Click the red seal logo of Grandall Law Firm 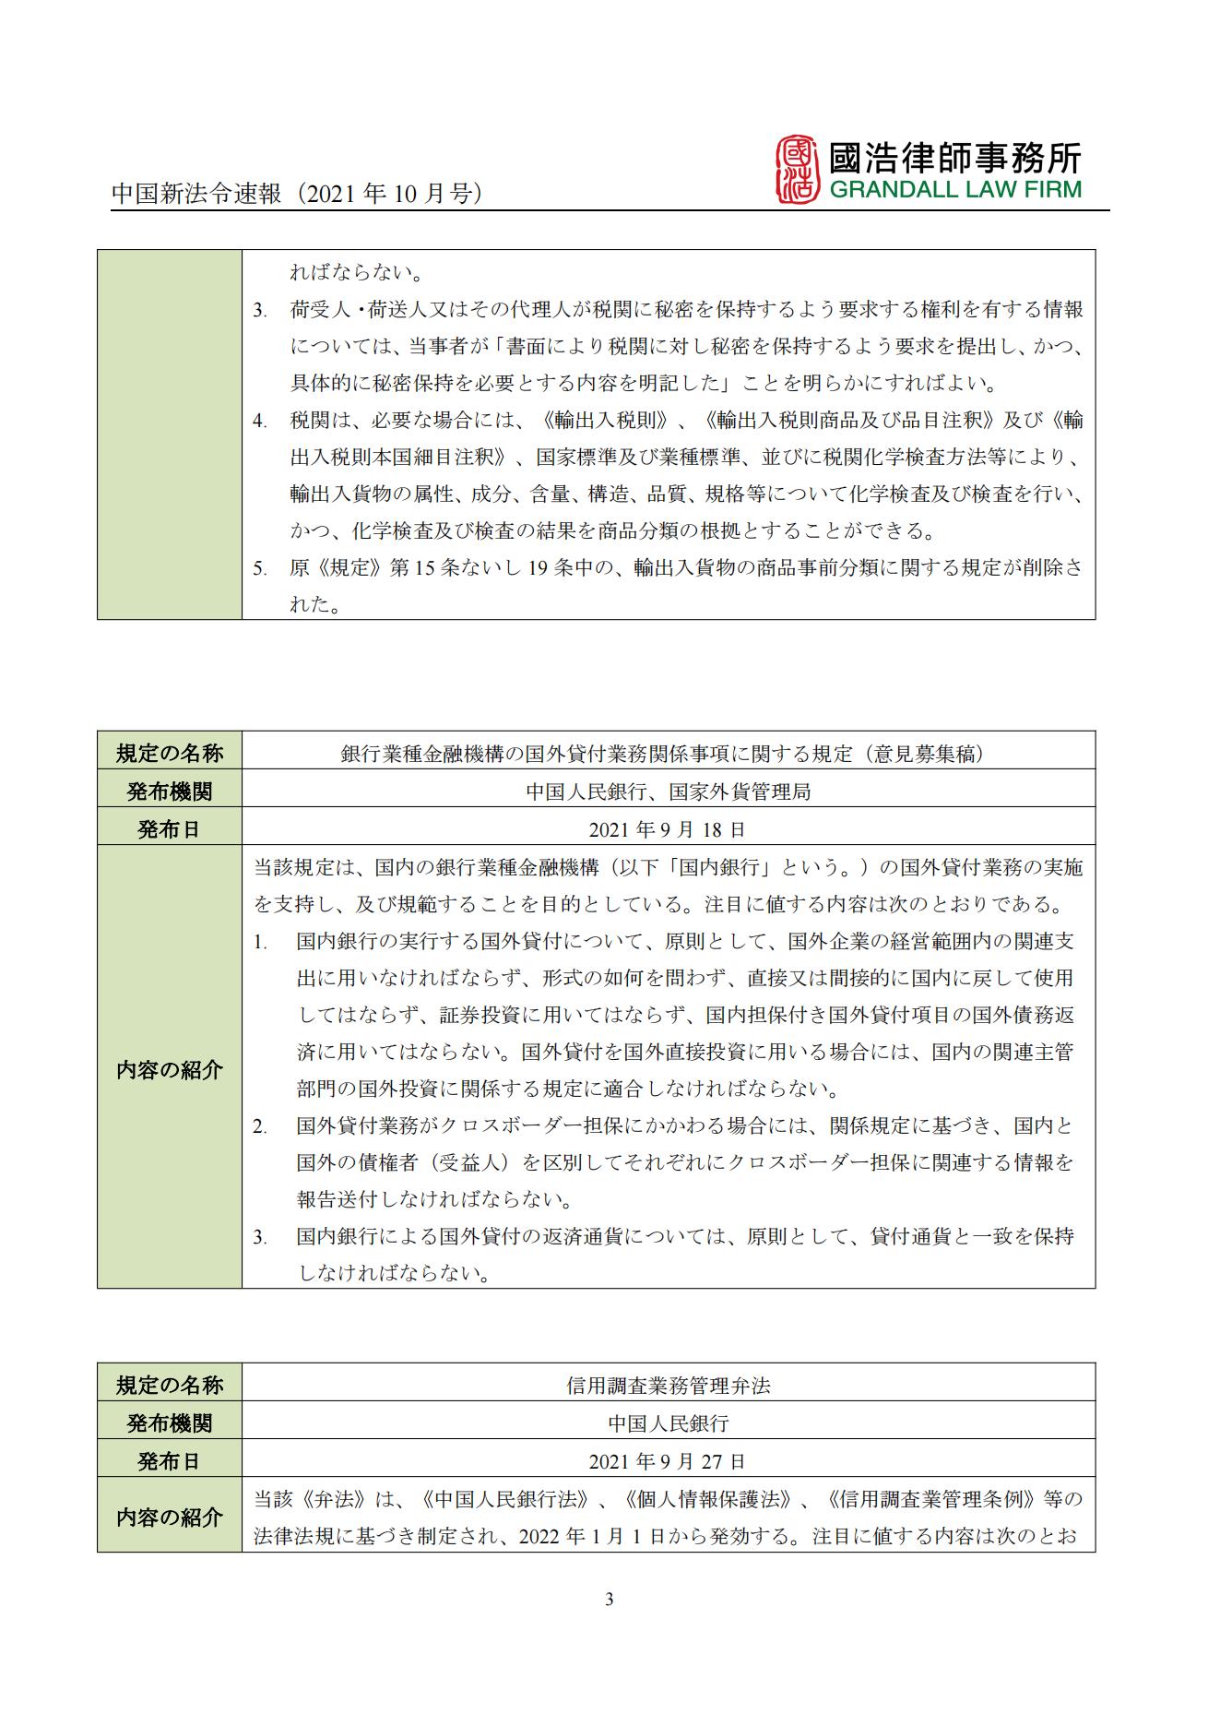798,170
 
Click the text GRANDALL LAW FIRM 954,190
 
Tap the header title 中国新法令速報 196,194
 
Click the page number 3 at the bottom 609,1599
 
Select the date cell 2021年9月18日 667,828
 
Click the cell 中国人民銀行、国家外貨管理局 668,791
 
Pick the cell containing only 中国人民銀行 668,1422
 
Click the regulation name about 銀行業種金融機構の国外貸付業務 662,753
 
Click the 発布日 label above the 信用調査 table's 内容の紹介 169,1461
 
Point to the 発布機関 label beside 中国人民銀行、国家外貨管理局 169,791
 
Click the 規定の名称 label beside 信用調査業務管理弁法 169,1385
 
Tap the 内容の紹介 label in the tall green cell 169,1069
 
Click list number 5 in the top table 260,568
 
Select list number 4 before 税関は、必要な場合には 260,421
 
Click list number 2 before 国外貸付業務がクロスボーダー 260,1126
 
